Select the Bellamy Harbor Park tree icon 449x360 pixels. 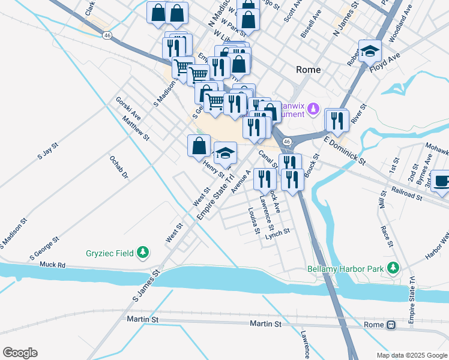393,269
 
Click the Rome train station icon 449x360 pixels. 391,325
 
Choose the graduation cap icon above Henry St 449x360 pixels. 224,154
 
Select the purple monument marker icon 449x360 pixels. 313,109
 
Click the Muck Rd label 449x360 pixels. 52,265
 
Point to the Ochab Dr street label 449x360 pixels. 118,167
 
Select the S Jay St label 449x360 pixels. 47,151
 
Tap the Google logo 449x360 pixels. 20,353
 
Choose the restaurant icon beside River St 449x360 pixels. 337,121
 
